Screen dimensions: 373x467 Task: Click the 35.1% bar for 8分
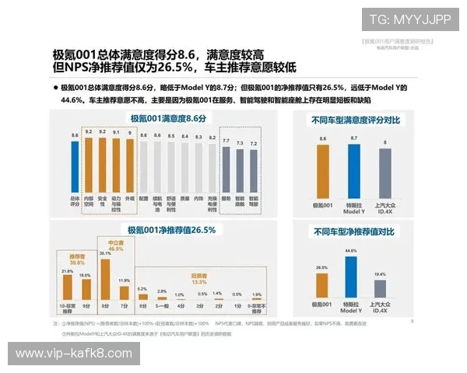click(105, 277)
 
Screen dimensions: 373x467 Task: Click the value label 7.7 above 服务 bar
click(226, 141)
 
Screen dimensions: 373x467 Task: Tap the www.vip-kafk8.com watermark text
click(74, 353)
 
